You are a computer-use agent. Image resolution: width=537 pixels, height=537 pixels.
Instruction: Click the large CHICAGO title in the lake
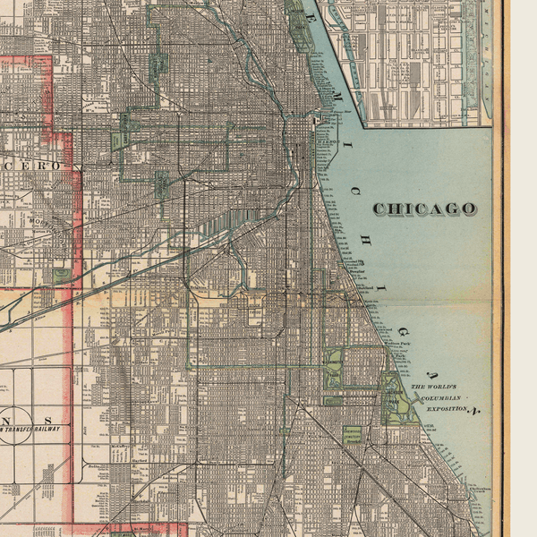(424, 209)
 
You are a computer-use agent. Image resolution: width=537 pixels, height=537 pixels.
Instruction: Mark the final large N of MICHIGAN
(476, 411)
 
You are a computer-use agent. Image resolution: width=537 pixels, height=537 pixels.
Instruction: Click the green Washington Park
(334, 366)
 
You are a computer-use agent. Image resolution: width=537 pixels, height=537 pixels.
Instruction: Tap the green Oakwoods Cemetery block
(353, 435)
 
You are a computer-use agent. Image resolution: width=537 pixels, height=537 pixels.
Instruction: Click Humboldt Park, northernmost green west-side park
(158, 64)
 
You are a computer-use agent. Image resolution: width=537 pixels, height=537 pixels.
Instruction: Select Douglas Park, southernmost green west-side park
(163, 185)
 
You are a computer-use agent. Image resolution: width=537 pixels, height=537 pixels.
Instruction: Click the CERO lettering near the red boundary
(41, 166)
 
